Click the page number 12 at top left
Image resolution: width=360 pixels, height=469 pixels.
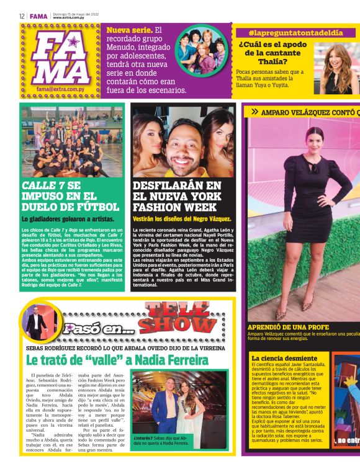(x=22, y=16)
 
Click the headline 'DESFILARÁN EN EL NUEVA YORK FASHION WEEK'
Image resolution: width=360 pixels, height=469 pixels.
(x=177, y=197)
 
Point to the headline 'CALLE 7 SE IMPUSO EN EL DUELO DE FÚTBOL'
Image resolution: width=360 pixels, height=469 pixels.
(x=70, y=197)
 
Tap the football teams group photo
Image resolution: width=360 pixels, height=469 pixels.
(x=71, y=144)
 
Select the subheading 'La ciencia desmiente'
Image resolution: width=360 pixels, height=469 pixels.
(x=284, y=358)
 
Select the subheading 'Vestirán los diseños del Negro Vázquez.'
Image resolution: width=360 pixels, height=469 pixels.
(x=182, y=218)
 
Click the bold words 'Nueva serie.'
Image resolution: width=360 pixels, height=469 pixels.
(x=129, y=30)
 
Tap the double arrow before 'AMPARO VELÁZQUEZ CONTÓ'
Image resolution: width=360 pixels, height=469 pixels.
(x=254, y=112)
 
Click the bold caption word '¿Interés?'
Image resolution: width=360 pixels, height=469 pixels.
(x=143, y=437)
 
